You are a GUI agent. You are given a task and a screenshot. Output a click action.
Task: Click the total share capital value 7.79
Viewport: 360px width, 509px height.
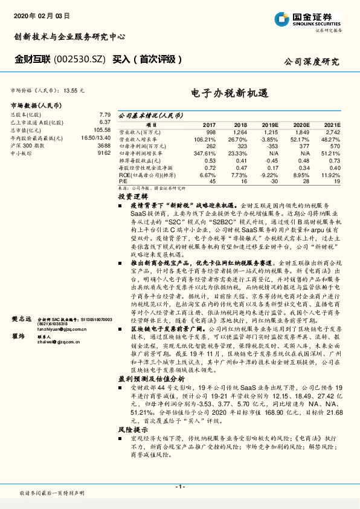coord(104,114)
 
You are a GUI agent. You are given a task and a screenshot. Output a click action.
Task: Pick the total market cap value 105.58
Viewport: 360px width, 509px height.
coord(102,130)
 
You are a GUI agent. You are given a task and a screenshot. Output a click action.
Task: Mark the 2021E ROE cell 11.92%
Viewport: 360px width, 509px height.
coord(330,175)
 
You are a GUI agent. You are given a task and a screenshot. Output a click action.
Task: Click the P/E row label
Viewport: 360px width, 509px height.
coord(123,181)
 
